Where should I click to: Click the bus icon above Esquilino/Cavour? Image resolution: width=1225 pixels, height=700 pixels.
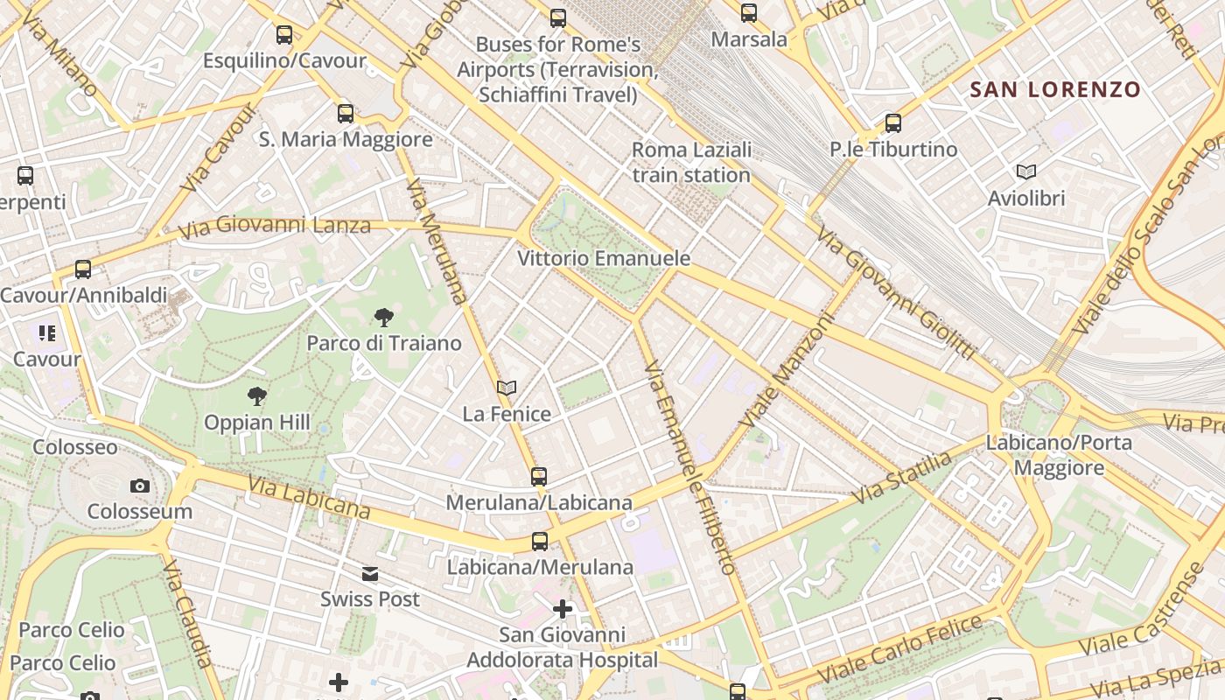pos(284,35)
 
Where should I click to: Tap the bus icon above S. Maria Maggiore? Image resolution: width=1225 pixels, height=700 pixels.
pos(346,113)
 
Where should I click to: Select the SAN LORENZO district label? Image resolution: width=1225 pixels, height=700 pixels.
pos(1055,89)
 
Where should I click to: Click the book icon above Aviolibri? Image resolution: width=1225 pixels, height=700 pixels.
pos(1026,172)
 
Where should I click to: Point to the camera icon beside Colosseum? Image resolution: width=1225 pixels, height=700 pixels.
pos(140,486)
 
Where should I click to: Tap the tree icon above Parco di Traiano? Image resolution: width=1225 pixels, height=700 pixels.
pos(383,318)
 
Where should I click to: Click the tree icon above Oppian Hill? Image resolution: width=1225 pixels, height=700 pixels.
pos(256,396)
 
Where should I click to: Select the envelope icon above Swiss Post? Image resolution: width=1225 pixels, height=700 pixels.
pos(370,574)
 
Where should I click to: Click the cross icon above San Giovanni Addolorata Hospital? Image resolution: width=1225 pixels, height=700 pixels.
pos(563,608)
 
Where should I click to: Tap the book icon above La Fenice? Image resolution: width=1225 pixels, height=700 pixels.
pos(507,388)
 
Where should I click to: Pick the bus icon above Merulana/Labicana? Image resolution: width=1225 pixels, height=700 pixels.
pos(539,477)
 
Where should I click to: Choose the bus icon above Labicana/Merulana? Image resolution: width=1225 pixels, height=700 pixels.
pos(540,542)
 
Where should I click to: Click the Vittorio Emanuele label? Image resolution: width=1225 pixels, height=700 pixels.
pos(604,259)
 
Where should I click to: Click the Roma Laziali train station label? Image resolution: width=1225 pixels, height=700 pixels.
pos(691,163)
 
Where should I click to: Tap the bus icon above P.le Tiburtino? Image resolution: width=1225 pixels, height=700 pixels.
pos(893,123)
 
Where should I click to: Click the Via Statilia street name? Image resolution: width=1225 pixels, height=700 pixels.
pos(902,477)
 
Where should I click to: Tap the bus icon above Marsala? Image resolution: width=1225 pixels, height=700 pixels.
pos(749,13)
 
